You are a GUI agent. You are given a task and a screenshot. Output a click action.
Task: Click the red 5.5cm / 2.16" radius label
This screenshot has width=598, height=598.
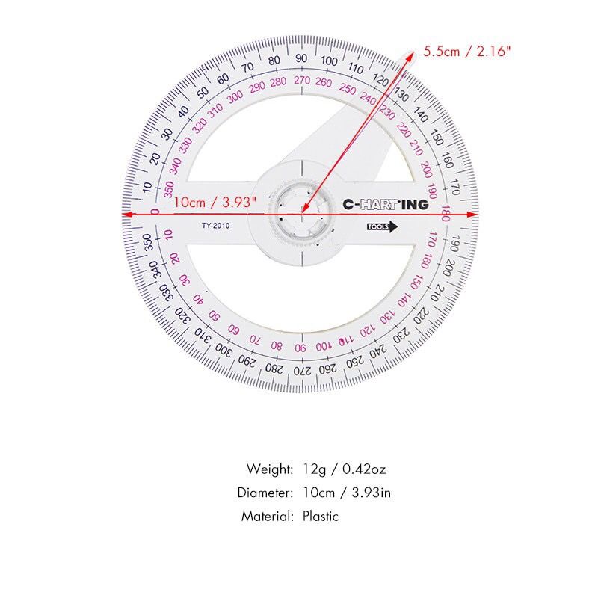(466, 51)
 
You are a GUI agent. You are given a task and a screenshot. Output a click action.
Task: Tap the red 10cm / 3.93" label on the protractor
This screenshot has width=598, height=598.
(215, 202)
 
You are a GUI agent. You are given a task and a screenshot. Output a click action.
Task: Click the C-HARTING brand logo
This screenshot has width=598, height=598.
(385, 205)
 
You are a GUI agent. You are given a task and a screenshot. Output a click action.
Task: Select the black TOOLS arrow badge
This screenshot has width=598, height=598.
(382, 227)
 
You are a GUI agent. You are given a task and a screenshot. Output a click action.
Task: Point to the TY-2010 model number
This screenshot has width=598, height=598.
(216, 226)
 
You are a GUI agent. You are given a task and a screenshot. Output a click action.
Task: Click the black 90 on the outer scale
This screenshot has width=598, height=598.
(301, 58)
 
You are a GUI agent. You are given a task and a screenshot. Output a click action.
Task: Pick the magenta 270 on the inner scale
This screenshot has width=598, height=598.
(302, 80)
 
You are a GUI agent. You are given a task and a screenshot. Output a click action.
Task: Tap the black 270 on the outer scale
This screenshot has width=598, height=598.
(302, 370)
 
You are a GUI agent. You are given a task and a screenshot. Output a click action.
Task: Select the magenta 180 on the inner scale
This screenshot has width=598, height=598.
(446, 213)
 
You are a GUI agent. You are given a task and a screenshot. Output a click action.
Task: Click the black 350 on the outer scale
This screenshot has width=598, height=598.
(147, 242)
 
